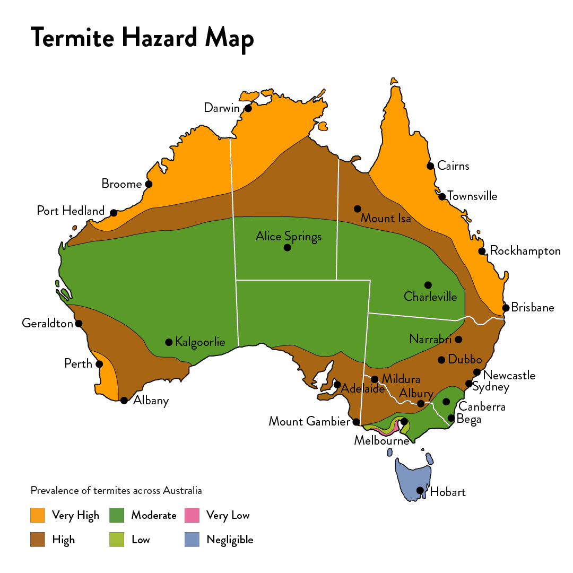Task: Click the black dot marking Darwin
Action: click(248, 109)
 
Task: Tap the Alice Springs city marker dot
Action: click(287, 248)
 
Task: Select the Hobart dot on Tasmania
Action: click(420, 490)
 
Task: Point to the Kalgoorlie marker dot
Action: click(169, 342)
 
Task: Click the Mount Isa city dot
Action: click(358, 209)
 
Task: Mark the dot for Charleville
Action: click(428, 285)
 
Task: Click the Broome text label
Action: click(121, 184)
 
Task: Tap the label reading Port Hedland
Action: click(71, 211)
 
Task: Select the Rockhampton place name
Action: click(525, 251)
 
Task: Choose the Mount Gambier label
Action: click(310, 421)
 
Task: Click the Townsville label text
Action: click(472, 196)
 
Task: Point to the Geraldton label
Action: click(47, 323)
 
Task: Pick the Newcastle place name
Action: click(509, 376)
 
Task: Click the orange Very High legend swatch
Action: click(38, 515)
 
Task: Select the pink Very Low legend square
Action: click(192, 515)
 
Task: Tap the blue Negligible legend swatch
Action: click(192, 540)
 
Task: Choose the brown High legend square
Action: click(38, 540)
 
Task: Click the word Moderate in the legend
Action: click(153, 515)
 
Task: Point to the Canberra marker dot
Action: click(446, 402)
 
